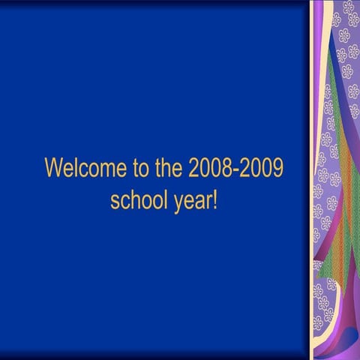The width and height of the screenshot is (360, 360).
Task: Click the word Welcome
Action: (83, 169)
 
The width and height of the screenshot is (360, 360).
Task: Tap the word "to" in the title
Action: (136, 169)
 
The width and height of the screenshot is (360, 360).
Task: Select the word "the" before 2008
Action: (167, 169)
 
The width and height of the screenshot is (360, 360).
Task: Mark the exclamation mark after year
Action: (214, 199)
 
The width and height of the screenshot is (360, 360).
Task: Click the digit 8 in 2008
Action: (225, 169)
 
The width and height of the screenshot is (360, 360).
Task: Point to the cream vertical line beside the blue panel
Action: (311, 180)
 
